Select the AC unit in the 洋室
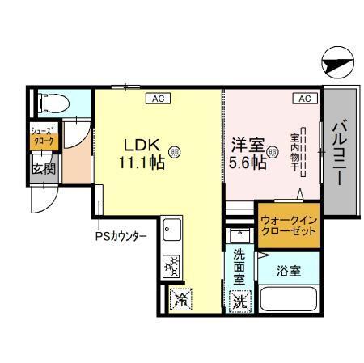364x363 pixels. tap(304, 99)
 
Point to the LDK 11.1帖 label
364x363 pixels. tap(143, 153)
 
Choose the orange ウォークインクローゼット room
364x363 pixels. tap(288, 225)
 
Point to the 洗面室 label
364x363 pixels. tap(239, 265)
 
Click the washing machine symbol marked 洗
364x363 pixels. tap(239, 303)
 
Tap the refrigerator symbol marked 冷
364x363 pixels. tap(181, 300)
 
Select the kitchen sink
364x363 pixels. tap(171, 231)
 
